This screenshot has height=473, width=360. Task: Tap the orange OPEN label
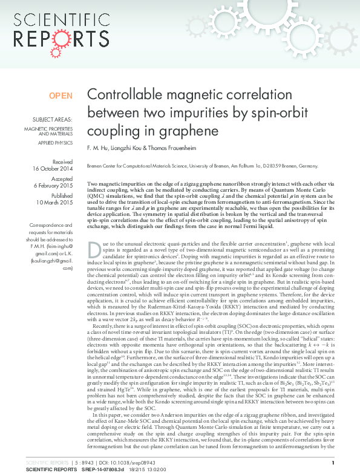point(61,96)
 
